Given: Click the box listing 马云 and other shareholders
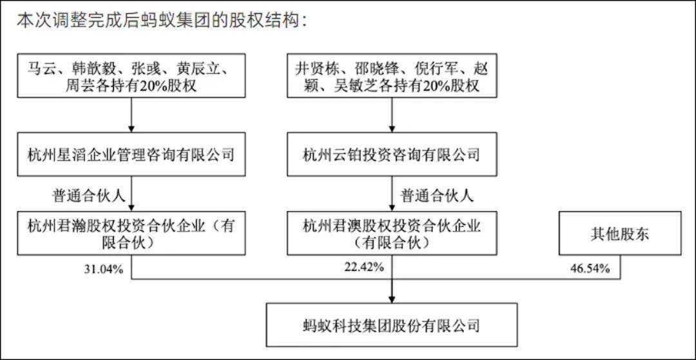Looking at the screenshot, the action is pyautogui.click(x=131, y=75).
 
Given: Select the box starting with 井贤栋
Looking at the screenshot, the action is pyautogui.click(x=392, y=75).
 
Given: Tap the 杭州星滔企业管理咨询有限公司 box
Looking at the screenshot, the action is pyautogui.click(x=131, y=154).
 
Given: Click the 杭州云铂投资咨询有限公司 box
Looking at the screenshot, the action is pyautogui.click(x=392, y=154).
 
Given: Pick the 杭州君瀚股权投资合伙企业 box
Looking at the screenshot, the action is pyautogui.click(x=131, y=234).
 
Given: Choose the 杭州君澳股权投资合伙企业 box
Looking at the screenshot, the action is pyautogui.click(x=392, y=234).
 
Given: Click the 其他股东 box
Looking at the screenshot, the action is pyautogui.click(x=620, y=234).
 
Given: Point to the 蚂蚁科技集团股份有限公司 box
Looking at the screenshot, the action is pyautogui.click(x=392, y=325).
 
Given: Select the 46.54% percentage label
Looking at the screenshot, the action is pyautogui.click(x=591, y=268).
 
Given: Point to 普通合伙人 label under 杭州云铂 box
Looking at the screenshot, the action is pyautogui.click(x=437, y=195).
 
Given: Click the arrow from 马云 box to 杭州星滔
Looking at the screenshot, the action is pyautogui.click(x=131, y=115).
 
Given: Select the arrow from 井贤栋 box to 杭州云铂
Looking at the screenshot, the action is pyautogui.click(x=392, y=115).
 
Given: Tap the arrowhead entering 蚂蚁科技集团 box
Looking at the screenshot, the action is pyautogui.click(x=392, y=299).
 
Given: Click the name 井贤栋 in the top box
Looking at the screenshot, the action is pyautogui.click(x=316, y=69).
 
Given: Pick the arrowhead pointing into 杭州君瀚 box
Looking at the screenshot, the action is pyautogui.click(x=131, y=207).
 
